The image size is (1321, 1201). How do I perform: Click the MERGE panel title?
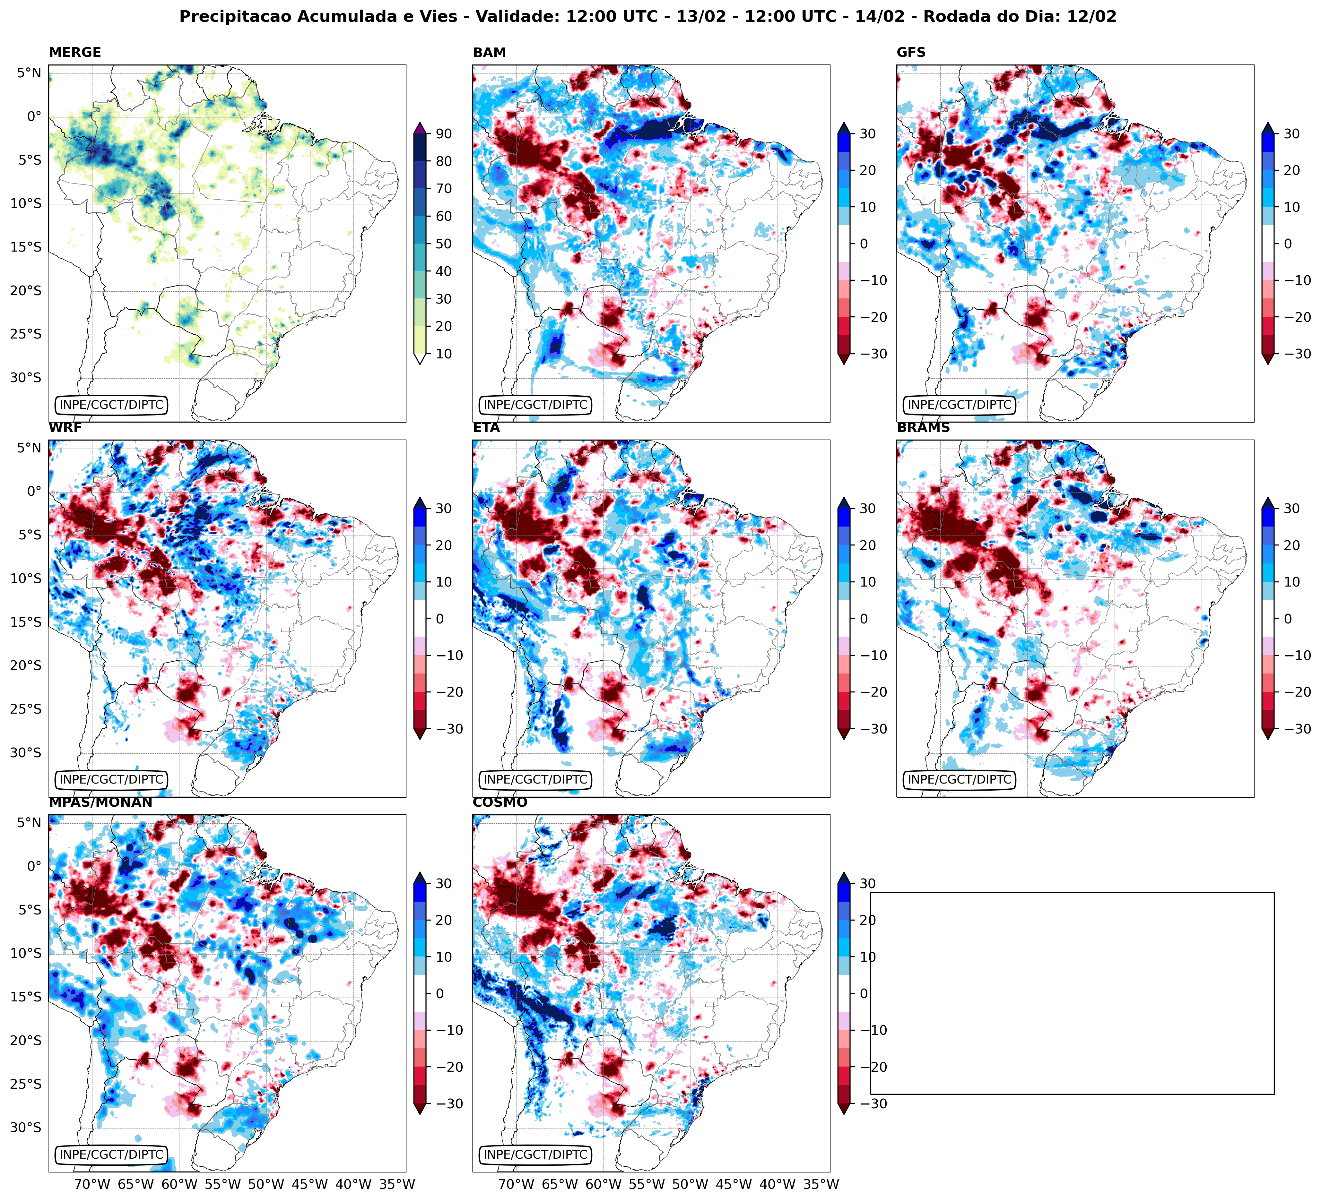(75, 52)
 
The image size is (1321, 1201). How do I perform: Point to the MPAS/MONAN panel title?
(100, 802)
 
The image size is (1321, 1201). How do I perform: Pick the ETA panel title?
(486, 428)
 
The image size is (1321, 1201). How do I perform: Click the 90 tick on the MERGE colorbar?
(444, 133)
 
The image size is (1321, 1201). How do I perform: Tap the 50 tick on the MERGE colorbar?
(444, 244)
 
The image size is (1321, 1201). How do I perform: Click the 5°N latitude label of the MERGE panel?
(29, 73)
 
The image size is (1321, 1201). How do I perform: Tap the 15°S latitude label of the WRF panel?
(26, 622)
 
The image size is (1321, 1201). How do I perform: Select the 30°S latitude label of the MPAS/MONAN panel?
(26, 1128)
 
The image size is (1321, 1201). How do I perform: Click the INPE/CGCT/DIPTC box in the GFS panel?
(959, 405)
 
